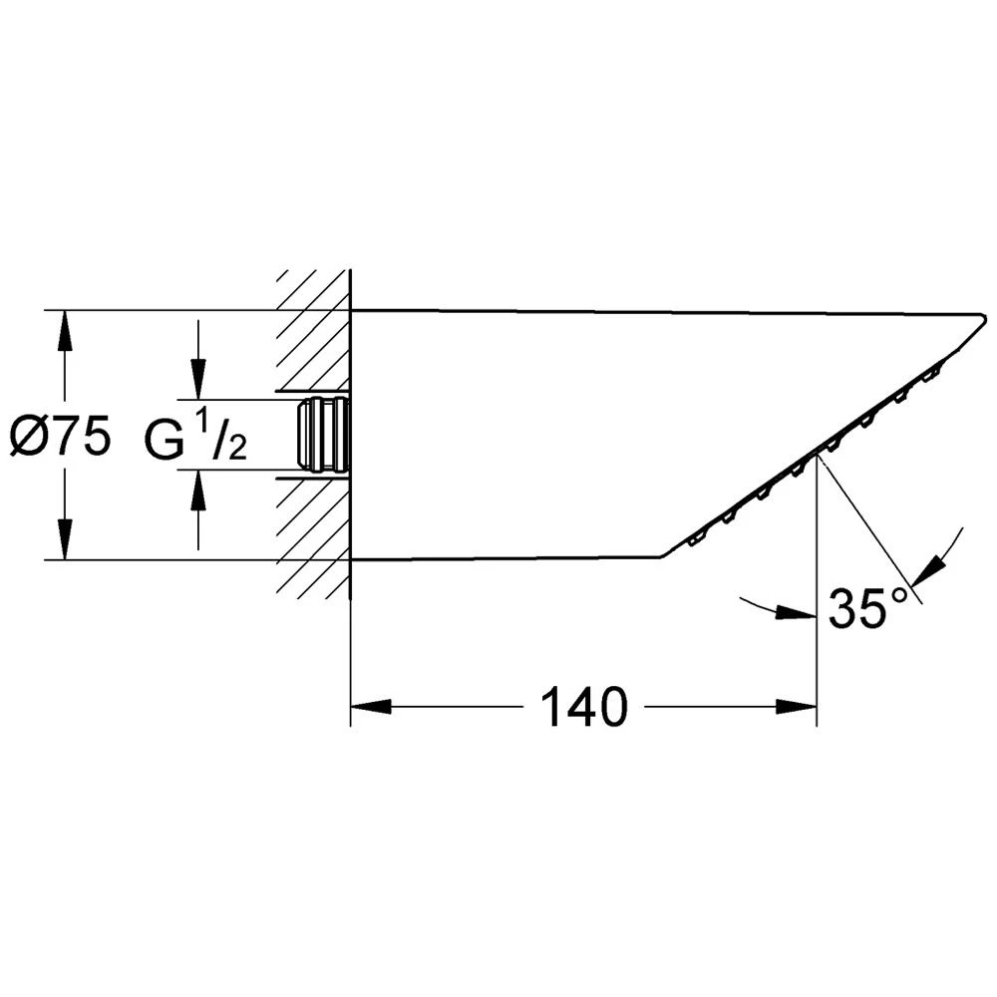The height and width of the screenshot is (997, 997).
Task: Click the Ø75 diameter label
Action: tap(61, 436)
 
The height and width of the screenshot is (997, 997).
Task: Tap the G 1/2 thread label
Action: tap(195, 437)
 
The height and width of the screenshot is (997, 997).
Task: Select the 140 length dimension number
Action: tap(583, 707)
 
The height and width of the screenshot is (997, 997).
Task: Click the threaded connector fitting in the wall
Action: tap(323, 436)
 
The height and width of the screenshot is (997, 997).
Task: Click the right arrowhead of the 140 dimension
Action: tap(796, 707)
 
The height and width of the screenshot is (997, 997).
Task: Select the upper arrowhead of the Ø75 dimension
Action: tap(64, 331)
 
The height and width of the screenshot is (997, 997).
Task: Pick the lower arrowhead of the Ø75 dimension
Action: tap(64, 539)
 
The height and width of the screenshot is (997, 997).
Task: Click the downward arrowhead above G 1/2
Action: tap(199, 380)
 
